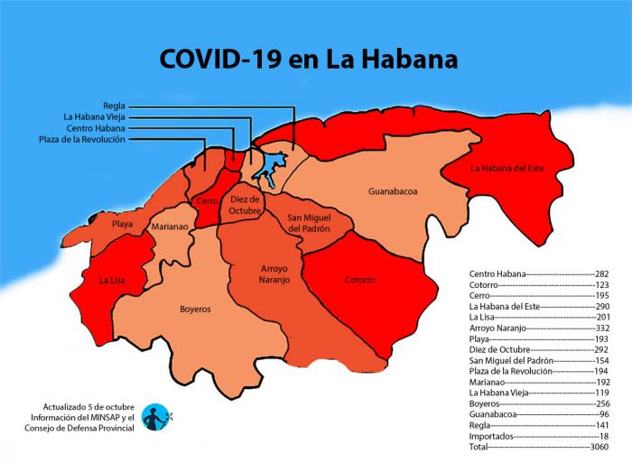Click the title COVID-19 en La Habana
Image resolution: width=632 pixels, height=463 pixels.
click(x=308, y=60)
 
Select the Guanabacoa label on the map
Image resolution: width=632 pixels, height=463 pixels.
click(x=393, y=191)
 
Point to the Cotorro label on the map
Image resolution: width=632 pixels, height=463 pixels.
click(x=359, y=280)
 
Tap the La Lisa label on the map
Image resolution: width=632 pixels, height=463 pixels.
click(x=112, y=280)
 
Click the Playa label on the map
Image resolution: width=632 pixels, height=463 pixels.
click(x=123, y=223)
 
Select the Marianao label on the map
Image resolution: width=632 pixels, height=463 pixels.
click(x=170, y=227)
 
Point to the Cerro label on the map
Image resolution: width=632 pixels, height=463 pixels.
click(x=207, y=202)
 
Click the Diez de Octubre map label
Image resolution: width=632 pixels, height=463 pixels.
click(x=245, y=204)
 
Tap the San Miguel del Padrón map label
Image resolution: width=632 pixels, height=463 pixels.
click(x=309, y=223)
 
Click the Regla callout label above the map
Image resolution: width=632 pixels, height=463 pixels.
click(x=114, y=105)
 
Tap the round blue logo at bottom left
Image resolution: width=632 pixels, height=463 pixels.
click(x=157, y=416)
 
